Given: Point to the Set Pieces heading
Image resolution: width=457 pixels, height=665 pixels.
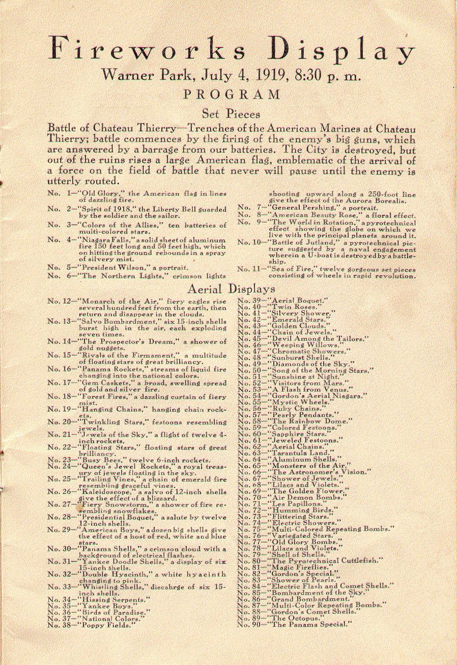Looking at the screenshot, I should [231, 113].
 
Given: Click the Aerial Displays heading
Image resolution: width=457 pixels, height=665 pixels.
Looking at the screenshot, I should [232, 289].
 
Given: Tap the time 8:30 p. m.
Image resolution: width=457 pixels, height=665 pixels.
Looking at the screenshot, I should [326, 76].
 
